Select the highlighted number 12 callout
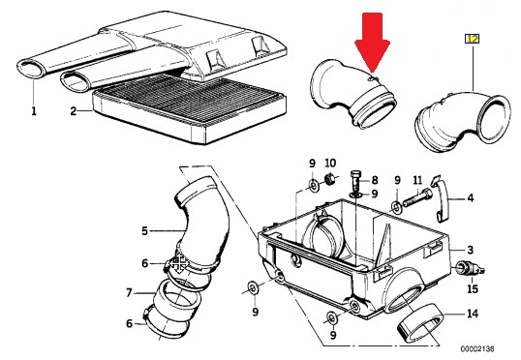pyautogui.click(x=472, y=39)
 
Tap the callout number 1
pyautogui.click(x=34, y=111)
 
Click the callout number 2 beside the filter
pyautogui.click(x=74, y=111)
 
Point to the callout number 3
pyautogui.click(x=470, y=250)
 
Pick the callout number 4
pyautogui.click(x=471, y=198)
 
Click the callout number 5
pyautogui.click(x=144, y=230)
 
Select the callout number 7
pyautogui.click(x=130, y=292)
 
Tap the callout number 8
pyautogui.click(x=375, y=180)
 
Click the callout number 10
pyautogui.click(x=330, y=163)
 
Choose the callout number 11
pyautogui.click(x=417, y=180)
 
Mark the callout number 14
pyautogui.click(x=473, y=314)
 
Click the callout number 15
pyautogui.click(x=473, y=288)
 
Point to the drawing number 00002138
pyautogui.click(x=477, y=348)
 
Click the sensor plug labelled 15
pyautogui.click(x=471, y=268)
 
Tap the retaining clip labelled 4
pyautogui.click(x=440, y=198)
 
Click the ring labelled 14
pyautogui.click(x=420, y=322)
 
